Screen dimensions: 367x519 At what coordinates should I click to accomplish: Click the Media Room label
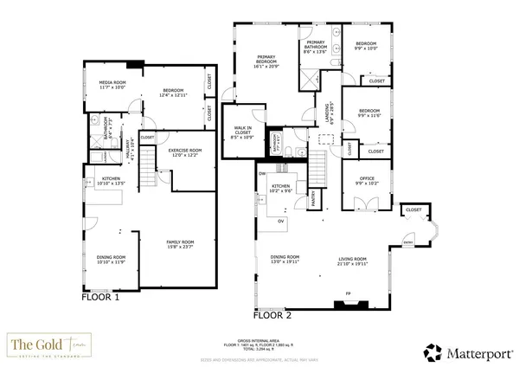[112, 84]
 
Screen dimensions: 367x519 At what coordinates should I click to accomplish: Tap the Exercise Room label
[184, 151]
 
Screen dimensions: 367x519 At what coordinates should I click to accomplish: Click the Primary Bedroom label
[266, 61]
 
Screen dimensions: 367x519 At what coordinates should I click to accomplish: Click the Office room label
[368, 183]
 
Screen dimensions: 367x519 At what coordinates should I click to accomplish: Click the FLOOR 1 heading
[100, 296]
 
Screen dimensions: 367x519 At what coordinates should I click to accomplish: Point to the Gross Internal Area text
[259, 343]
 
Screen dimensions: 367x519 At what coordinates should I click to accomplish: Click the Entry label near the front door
[408, 243]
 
